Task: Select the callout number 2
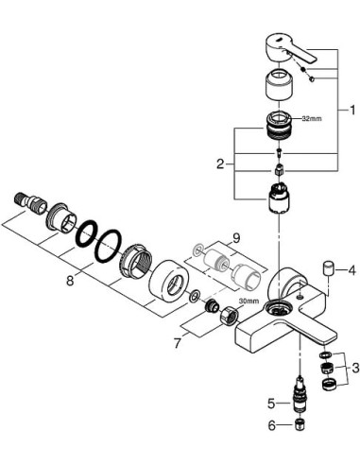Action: [219, 163]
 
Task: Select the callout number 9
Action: [237, 235]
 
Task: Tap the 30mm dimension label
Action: [248, 301]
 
